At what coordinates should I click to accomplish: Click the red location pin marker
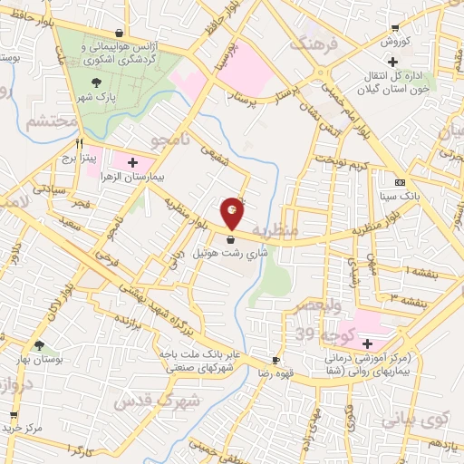click(x=233, y=212)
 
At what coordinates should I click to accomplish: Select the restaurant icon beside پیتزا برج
click(x=79, y=142)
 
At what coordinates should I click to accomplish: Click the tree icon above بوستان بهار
click(x=39, y=343)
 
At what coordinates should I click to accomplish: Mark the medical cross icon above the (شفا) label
click(x=367, y=344)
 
